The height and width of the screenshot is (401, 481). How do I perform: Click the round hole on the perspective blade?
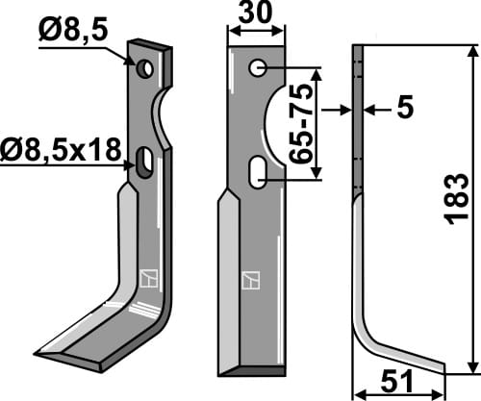tap(143, 69)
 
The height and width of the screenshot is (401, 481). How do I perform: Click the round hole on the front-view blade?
tap(257, 69)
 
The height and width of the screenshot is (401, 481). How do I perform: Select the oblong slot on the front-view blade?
tap(258, 174)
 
